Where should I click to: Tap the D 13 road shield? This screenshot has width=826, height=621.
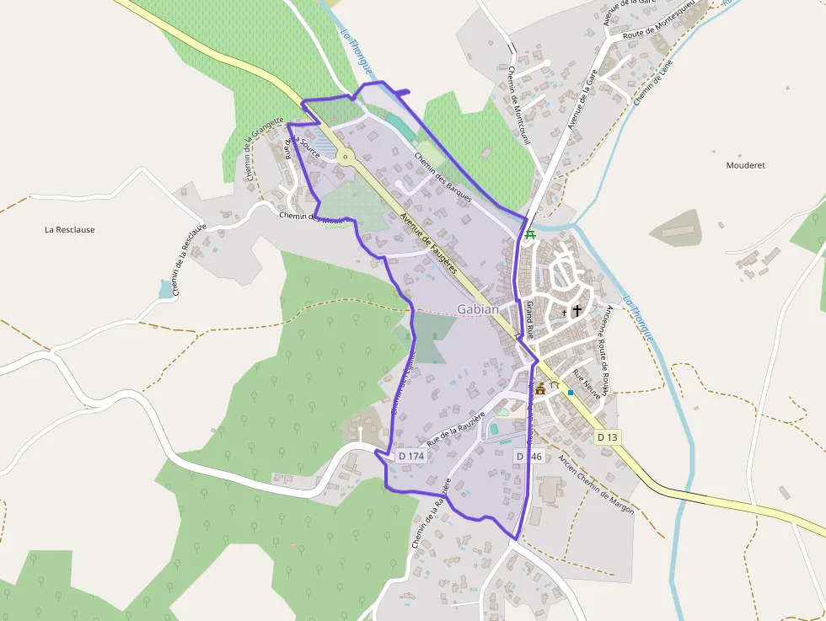click(x=607, y=437)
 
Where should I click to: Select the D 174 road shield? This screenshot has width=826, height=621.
click(x=411, y=456)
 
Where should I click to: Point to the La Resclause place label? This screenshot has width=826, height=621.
click(x=69, y=229)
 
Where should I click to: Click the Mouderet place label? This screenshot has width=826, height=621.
click(x=745, y=165)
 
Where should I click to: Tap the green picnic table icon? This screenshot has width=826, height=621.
click(x=530, y=235)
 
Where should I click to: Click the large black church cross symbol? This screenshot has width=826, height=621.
click(x=577, y=311)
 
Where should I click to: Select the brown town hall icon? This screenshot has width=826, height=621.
click(x=540, y=388)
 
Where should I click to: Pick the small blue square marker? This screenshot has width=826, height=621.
click(x=571, y=393)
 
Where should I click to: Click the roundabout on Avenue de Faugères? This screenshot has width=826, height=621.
click(x=345, y=156)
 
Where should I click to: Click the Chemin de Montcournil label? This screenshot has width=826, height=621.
click(x=518, y=105)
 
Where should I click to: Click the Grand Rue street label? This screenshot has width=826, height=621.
click(x=531, y=319)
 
